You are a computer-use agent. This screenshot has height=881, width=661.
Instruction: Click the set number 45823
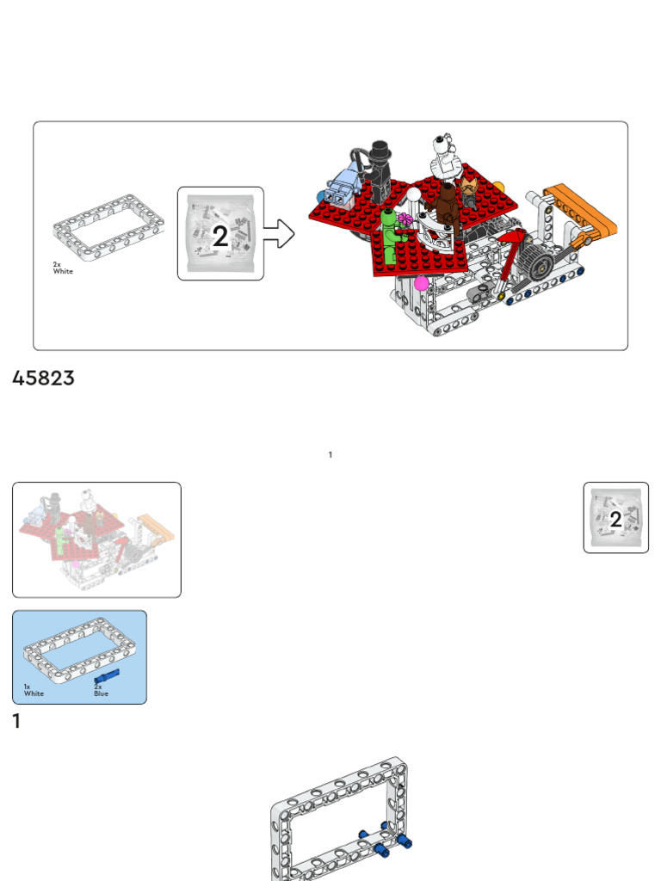(43, 379)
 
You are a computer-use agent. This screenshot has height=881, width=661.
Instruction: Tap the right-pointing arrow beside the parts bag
(280, 233)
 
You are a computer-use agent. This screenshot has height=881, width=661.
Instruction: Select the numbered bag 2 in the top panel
(220, 234)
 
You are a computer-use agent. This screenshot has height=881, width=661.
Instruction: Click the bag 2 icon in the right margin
(615, 517)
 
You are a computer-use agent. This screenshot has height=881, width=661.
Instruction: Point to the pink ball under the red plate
(421, 282)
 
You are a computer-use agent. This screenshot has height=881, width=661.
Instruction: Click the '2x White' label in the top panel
(63, 268)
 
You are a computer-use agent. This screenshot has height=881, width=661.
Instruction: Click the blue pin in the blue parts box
(105, 680)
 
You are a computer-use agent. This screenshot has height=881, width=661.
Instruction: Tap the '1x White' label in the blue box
(34, 690)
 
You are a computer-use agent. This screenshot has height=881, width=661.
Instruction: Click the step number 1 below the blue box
(16, 722)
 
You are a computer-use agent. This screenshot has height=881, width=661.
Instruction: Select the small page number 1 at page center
(330, 455)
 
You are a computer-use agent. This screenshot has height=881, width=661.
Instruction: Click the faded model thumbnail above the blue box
(96, 539)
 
